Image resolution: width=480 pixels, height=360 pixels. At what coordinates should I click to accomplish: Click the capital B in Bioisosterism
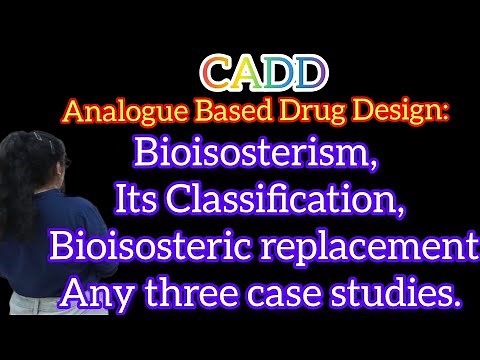146,155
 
